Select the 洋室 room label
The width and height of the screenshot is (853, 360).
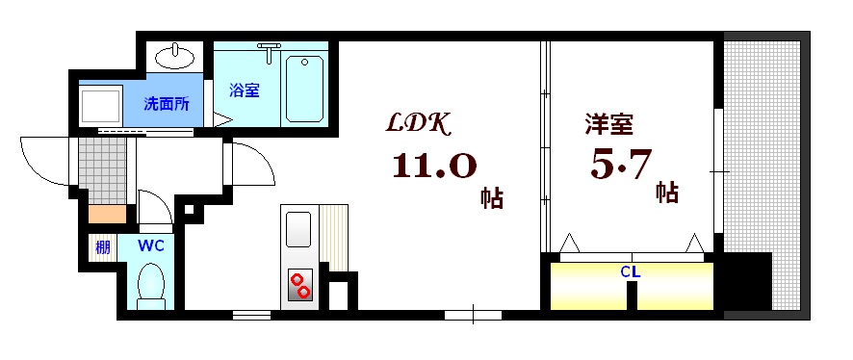609,124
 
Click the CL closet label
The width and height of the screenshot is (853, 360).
630,272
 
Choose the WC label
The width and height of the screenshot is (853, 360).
151,245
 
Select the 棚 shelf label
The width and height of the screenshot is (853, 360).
102,246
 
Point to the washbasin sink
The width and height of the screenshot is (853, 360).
174,57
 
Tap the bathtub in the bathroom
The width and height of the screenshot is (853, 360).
305,88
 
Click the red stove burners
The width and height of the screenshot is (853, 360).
300,285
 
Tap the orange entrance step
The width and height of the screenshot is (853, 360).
107,215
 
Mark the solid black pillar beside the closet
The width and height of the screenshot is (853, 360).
748,281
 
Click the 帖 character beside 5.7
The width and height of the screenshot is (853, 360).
666,191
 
